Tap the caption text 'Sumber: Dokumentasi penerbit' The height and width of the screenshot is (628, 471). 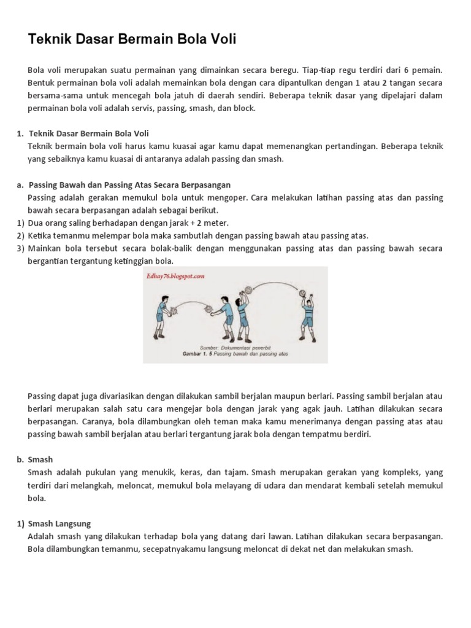pos(236,348)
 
